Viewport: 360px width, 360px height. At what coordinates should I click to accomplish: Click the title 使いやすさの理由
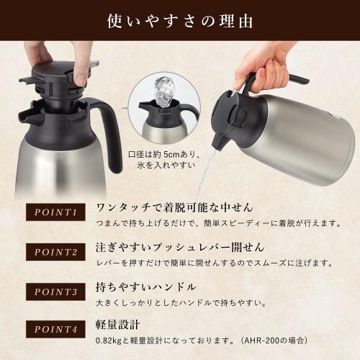click(180, 19)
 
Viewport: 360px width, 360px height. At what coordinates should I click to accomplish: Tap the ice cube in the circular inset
click(165, 91)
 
